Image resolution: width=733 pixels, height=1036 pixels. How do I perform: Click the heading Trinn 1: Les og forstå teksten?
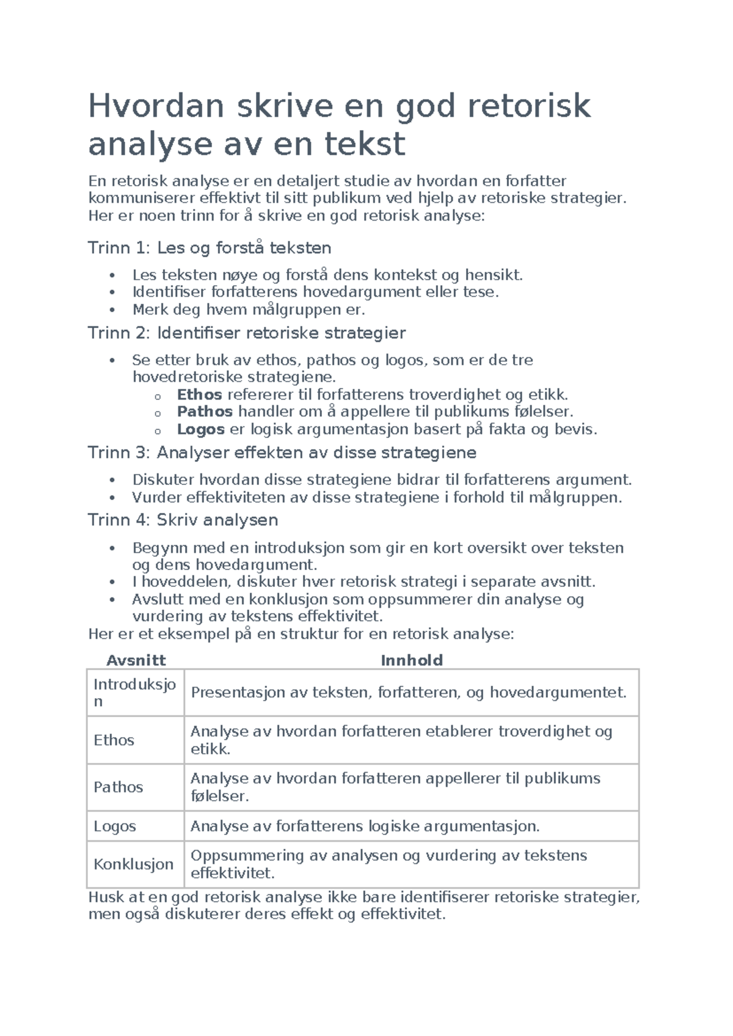point(210,248)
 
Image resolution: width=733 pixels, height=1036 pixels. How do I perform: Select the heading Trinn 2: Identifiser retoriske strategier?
point(247,333)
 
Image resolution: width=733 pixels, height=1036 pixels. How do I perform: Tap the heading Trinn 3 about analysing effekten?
point(282,453)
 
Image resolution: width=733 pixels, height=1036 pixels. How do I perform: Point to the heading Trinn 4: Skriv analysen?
point(183,520)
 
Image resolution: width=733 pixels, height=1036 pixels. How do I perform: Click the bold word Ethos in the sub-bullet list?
point(199,395)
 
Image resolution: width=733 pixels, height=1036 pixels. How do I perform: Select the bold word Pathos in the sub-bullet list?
point(205,412)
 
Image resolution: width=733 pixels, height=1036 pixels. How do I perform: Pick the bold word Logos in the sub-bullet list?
point(201,429)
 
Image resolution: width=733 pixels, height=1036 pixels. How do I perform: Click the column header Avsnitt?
point(136,660)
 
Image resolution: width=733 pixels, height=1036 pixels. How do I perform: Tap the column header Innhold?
point(411,660)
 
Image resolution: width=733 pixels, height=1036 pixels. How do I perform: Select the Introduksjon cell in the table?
point(134,693)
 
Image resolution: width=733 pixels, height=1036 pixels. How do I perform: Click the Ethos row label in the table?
point(114,740)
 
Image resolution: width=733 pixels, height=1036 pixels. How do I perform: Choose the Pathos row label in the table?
point(118,787)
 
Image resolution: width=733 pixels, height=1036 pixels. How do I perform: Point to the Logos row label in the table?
point(115,826)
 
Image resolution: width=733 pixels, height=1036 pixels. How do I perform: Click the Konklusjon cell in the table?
point(133,864)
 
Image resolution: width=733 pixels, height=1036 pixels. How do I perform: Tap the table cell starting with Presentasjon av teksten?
point(409,693)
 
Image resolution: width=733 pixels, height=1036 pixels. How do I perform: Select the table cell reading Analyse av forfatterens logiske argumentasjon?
point(365,826)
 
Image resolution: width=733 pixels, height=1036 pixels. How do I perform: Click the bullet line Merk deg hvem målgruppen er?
point(249,310)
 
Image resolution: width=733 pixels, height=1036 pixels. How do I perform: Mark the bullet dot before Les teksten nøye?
point(112,275)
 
